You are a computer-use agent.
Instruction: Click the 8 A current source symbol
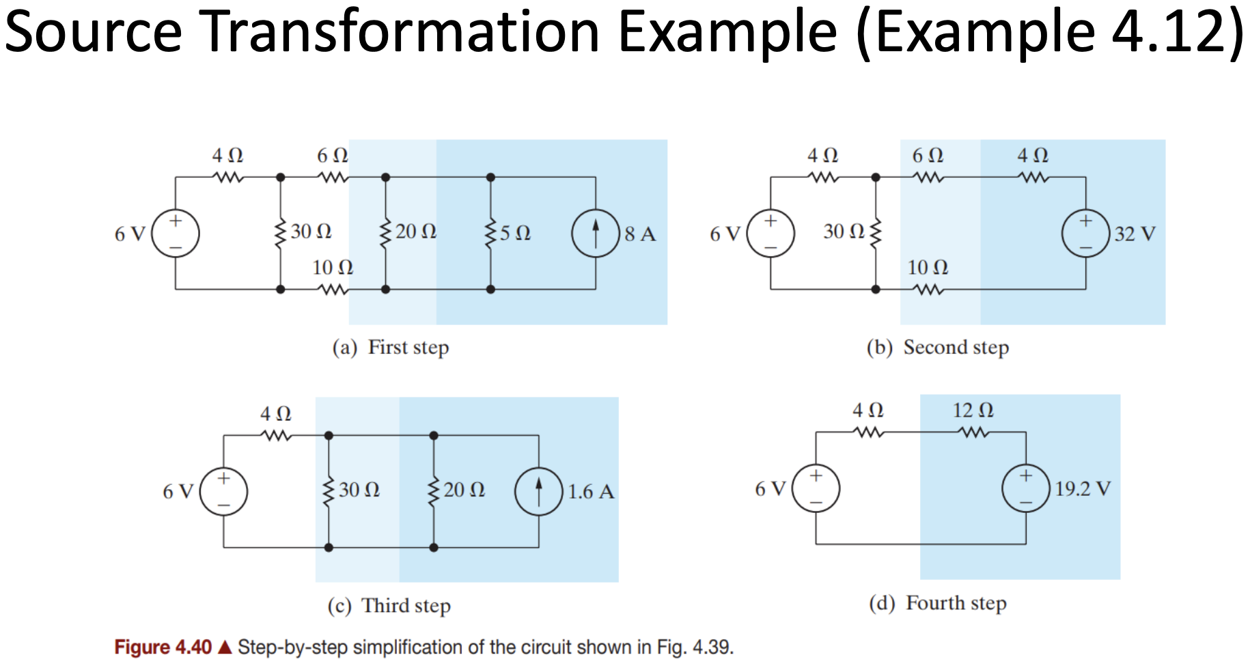tap(595, 233)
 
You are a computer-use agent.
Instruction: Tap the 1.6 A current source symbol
tap(539, 490)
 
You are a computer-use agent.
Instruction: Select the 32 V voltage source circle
tap(1085, 233)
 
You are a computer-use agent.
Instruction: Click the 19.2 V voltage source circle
tap(1025, 488)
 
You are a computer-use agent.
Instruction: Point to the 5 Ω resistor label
tap(515, 233)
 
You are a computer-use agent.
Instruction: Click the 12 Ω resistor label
tap(973, 410)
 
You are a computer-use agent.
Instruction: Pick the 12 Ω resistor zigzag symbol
tap(973, 432)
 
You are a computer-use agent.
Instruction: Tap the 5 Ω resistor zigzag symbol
tap(490, 233)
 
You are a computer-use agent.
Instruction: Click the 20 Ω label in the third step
tap(464, 490)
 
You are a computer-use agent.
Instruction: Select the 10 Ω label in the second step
tap(928, 267)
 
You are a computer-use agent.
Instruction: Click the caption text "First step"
tap(408, 347)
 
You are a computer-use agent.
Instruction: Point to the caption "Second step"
tap(956, 347)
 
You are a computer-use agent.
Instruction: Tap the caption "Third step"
tap(406, 605)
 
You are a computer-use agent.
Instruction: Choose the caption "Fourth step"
tap(956, 602)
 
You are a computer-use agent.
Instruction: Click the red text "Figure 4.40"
tap(163, 647)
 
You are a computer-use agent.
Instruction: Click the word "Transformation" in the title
tap(402, 31)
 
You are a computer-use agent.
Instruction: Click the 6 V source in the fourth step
tap(816, 488)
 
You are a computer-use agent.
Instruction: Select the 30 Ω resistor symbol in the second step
tap(876, 233)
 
